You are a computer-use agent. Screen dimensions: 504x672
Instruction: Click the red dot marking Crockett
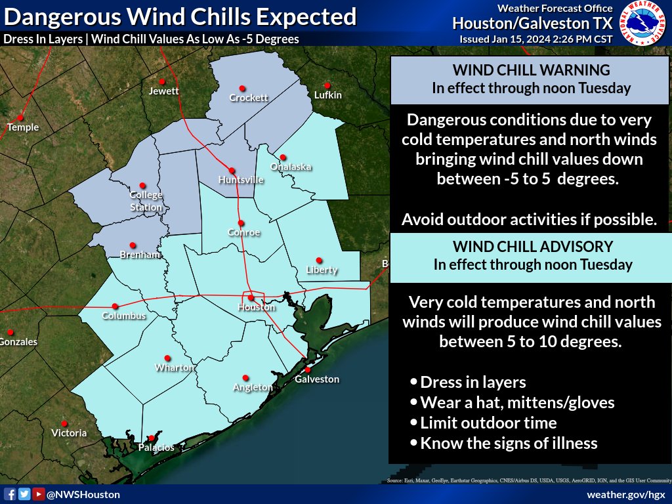pos(242,89)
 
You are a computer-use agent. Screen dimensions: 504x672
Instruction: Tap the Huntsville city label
pos(241,179)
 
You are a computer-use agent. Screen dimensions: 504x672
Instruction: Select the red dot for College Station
pos(142,186)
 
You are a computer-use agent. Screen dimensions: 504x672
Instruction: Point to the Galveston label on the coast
pos(317,379)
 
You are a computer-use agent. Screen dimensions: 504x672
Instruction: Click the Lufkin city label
pos(328,95)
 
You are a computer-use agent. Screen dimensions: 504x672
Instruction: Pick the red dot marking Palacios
pos(152,438)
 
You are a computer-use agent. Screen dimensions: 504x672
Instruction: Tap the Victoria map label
pos(69,433)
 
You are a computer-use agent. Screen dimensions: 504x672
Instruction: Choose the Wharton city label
pos(174,368)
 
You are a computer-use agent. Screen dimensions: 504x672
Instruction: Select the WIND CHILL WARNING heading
pos(531,70)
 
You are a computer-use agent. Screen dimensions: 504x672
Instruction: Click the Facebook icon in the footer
pos(10,494)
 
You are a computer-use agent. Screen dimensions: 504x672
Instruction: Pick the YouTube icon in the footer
pos(39,494)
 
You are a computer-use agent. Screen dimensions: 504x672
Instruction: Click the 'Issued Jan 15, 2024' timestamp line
pos(536,39)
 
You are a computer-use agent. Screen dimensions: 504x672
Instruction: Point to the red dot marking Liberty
pos(319,260)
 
